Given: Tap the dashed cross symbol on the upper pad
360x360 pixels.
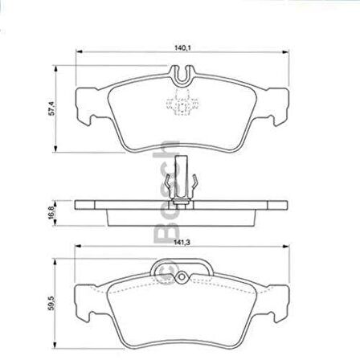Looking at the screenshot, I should click(180, 102).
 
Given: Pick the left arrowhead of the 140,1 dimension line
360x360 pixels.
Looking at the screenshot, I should click(79, 54).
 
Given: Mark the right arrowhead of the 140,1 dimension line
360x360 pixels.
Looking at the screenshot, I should click(287, 54).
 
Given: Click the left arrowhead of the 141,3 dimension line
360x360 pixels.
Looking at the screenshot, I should click(79, 244).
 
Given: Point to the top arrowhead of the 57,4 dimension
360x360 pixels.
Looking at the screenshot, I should click(57, 68).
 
